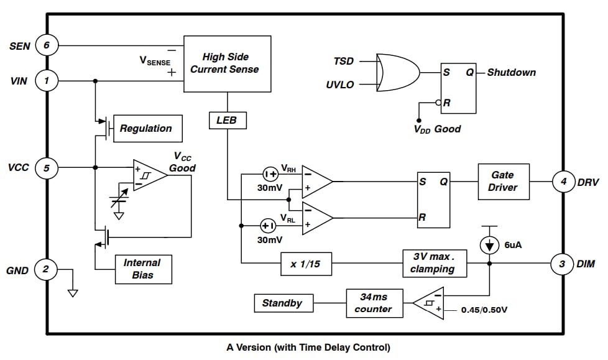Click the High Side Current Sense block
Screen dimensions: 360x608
227,63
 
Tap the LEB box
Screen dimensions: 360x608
226,120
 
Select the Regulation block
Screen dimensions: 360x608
147,129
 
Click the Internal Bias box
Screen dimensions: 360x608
142,269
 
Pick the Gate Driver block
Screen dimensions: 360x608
504,182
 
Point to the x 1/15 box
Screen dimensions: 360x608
306,264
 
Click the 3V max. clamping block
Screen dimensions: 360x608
433,263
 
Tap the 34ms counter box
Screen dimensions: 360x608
374,303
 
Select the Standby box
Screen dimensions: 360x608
283,303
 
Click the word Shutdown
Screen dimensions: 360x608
511,72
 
